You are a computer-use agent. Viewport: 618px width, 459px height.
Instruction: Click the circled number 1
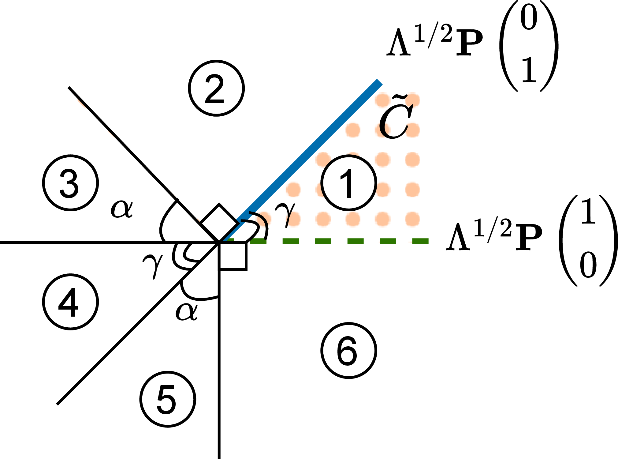[349, 183]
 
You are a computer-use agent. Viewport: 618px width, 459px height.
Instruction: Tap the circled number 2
[216, 88]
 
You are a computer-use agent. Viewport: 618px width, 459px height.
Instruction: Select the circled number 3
[70, 183]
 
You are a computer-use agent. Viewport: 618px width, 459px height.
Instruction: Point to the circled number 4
[70, 302]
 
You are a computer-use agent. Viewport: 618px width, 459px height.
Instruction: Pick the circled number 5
[168, 399]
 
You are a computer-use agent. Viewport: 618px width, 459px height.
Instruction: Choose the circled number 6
[349, 350]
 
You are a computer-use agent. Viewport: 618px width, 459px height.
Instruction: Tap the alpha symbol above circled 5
[187, 311]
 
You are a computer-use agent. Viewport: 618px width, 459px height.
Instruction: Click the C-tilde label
[396, 116]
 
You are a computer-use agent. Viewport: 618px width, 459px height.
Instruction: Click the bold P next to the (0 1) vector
[469, 43]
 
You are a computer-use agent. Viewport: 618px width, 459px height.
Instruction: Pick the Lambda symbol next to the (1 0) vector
[458, 237]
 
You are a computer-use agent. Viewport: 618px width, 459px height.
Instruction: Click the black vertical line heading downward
[219, 350]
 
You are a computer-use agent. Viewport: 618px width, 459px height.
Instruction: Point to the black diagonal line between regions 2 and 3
[144, 165]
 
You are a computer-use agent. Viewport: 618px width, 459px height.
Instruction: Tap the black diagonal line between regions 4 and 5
[138, 323]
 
